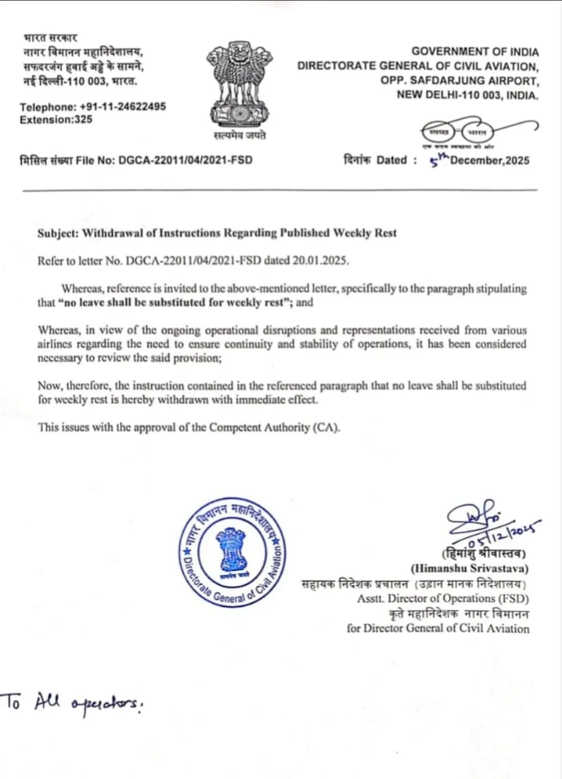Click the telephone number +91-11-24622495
click(123, 107)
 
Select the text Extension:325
click(56, 120)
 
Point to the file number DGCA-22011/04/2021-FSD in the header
click(185, 160)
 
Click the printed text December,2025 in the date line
click(490, 160)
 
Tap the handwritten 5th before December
click(439, 160)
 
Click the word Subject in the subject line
click(57, 233)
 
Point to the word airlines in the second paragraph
click(54, 344)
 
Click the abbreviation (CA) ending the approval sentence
click(326, 428)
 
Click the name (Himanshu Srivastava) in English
click(469, 569)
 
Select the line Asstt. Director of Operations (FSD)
click(443, 599)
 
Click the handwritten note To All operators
click(72, 703)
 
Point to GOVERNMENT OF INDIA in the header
click(475, 52)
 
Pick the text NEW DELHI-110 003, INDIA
click(467, 95)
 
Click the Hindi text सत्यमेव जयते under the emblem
click(240, 135)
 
